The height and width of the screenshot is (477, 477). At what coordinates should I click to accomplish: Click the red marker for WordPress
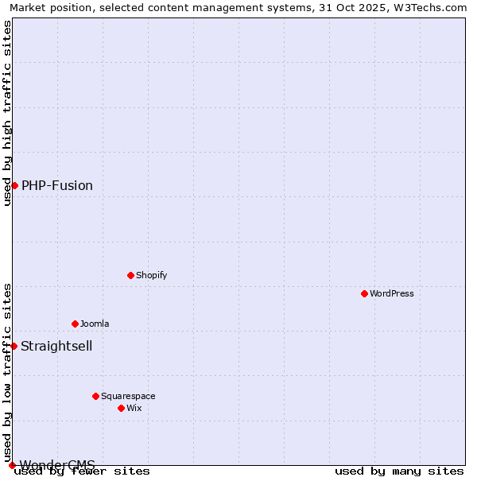tap(364, 293)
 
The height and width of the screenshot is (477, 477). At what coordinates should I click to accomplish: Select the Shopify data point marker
tap(130, 275)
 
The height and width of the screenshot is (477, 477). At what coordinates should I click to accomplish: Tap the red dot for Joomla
tap(75, 324)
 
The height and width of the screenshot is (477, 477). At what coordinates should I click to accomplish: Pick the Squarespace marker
tap(95, 396)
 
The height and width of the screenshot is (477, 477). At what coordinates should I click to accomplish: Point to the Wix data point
tap(121, 408)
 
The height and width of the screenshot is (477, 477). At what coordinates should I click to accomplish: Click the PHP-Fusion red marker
tap(14, 185)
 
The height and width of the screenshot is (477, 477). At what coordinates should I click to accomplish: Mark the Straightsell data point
tap(14, 346)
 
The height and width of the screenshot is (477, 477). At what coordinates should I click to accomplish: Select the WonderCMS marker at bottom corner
tap(12, 465)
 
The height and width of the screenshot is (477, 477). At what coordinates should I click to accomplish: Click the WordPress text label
tap(392, 293)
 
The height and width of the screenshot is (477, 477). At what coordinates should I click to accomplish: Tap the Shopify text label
tap(151, 275)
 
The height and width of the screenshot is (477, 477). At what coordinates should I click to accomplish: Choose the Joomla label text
tap(95, 324)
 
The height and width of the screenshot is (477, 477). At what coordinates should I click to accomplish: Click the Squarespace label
tap(128, 396)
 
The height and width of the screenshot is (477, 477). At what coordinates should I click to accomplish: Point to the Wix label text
tap(134, 408)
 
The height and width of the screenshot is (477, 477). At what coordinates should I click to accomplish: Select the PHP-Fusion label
tap(57, 185)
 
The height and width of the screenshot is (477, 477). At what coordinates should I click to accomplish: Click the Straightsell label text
tap(56, 346)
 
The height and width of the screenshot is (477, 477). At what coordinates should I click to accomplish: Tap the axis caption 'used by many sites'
tap(399, 471)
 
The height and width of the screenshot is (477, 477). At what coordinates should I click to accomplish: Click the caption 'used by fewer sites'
tap(83, 471)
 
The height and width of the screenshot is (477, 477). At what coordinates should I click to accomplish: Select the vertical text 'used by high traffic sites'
tap(7, 113)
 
